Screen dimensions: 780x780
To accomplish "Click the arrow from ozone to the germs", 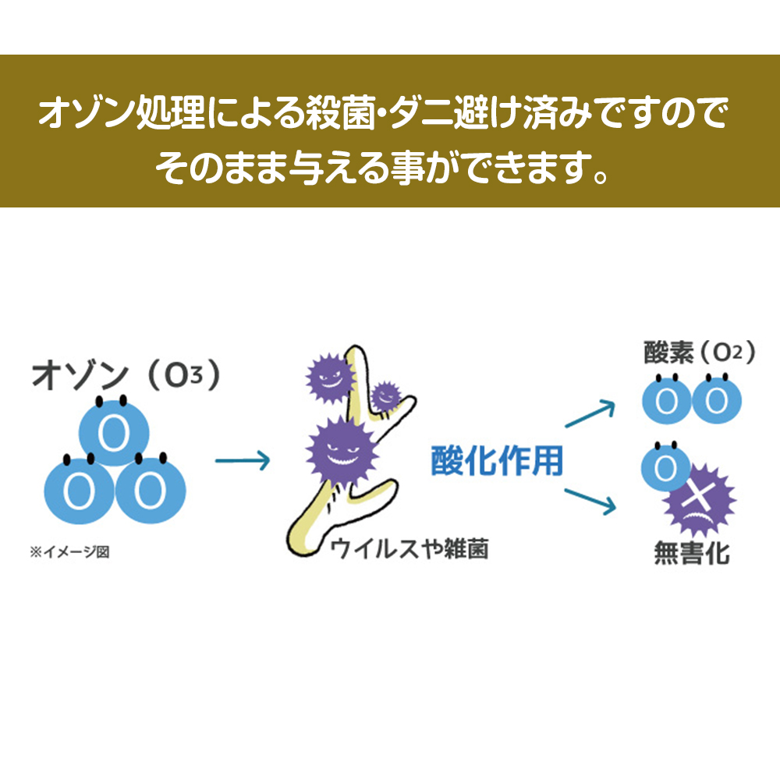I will pos(242,462).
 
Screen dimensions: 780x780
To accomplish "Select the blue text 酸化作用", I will pos(497,461).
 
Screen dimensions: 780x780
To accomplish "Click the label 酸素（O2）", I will pos(698,353).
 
